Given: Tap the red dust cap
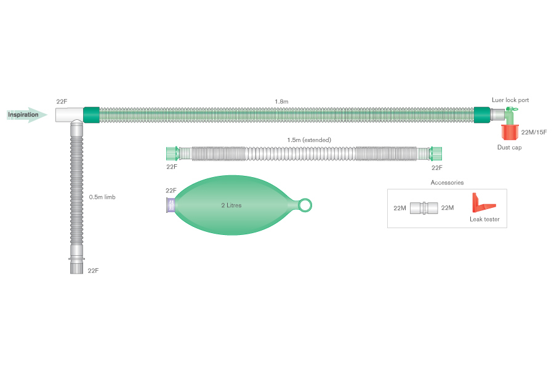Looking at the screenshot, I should (509, 132).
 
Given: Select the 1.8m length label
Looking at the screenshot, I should (282, 101).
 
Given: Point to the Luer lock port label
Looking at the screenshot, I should (510, 100).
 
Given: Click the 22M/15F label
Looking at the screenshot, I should (534, 132).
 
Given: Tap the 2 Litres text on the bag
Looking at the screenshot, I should (231, 205).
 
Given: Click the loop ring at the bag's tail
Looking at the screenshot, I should (305, 205).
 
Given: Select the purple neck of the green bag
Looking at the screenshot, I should (171, 205).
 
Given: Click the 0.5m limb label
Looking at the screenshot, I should (102, 197).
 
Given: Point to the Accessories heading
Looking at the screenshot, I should (447, 183).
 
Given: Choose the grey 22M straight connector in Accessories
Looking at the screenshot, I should (424, 208).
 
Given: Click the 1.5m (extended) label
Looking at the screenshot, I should (309, 140).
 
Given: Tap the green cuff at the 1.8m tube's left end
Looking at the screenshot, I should (90, 114).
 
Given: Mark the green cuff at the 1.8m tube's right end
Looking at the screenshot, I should (482, 114).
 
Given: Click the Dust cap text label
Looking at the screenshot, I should (509, 148).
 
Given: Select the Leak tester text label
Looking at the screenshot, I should (484, 220).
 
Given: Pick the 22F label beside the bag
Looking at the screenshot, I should (171, 191).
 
